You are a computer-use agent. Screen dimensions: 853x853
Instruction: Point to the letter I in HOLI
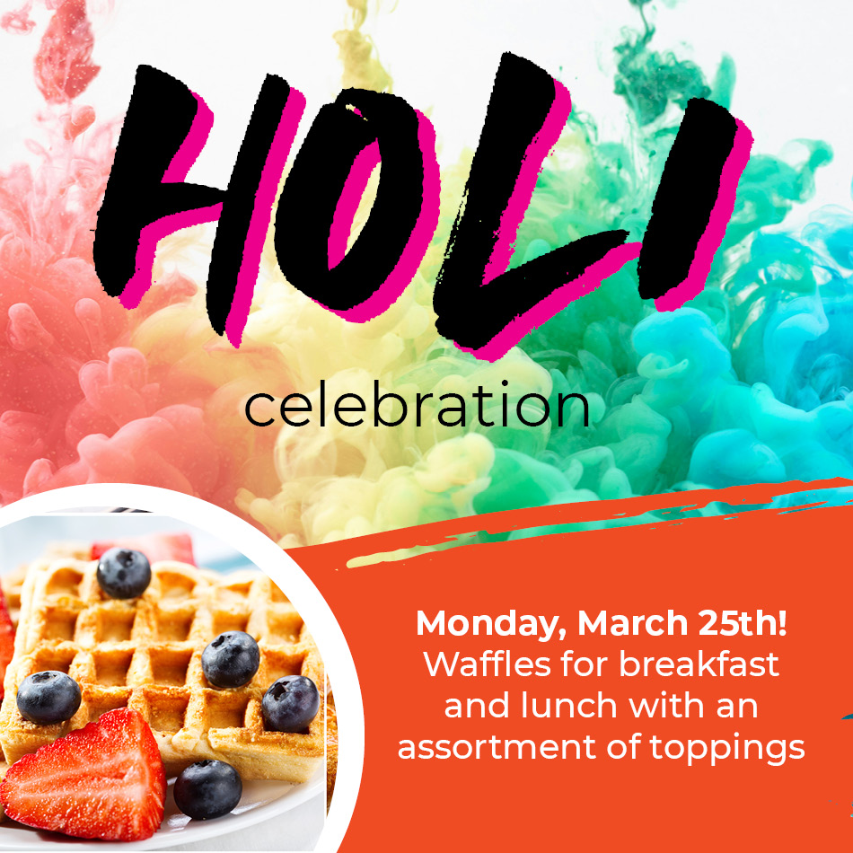[x=693, y=204]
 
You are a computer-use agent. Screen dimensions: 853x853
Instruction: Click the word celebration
[x=418, y=404]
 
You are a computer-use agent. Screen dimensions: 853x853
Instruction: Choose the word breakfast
[x=699, y=664]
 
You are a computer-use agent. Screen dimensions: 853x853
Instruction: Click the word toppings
[x=726, y=750]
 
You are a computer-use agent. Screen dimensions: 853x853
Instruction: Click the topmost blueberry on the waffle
[x=124, y=573]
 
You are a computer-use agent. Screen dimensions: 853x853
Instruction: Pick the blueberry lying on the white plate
[x=207, y=789]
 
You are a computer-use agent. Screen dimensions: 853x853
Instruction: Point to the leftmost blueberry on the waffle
[x=48, y=698]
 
